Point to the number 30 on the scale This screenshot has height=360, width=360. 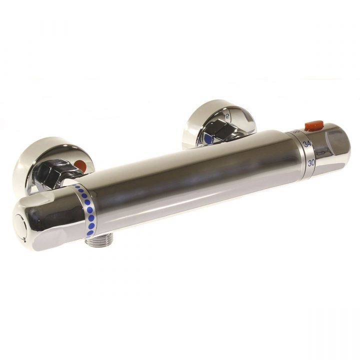coord(311,162)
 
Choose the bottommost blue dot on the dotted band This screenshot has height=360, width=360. coord(90,233)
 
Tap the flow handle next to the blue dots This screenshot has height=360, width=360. coord(47,220)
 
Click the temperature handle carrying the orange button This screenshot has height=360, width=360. coord(330,147)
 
